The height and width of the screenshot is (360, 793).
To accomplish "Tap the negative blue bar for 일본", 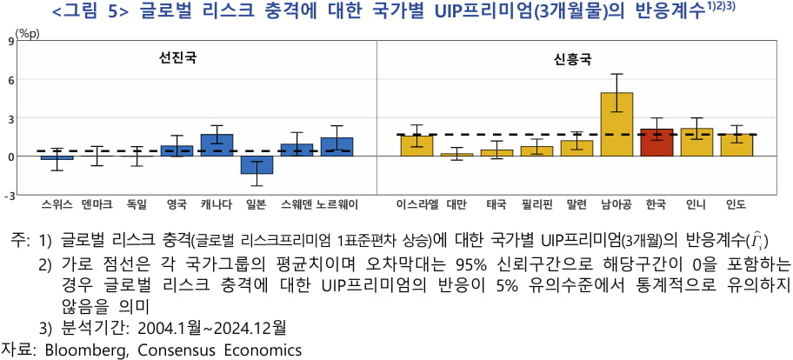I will (x=257, y=165).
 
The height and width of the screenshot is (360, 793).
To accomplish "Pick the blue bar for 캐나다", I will (x=217, y=145).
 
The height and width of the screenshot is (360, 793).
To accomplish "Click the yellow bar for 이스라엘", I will (x=416, y=146).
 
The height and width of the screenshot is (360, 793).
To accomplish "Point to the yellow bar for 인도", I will (x=736, y=145).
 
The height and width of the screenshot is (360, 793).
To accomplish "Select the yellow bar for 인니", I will (x=696, y=143).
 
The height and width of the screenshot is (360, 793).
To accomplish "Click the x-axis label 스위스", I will (x=57, y=206).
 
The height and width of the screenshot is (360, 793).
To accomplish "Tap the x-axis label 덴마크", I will (x=97, y=206).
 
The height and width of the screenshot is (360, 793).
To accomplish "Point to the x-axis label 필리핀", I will (x=536, y=206).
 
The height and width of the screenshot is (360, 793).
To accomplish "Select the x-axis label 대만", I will (x=456, y=206).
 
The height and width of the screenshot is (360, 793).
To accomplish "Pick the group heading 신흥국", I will (x=572, y=60).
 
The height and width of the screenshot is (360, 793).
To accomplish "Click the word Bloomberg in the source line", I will (x=80, y=350).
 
